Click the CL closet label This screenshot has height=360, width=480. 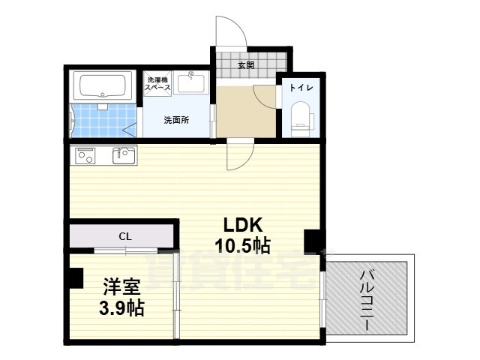(x=124, y=236)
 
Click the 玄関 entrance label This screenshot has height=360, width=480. (x=245, y=65)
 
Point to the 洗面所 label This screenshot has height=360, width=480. (x=177, y=120)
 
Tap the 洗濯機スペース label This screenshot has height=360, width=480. (x=158, y=83)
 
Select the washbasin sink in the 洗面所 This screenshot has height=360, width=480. (x=192, y=82)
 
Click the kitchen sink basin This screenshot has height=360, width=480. (x=124, y=155)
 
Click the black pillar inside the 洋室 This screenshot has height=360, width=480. (x=74, y=277)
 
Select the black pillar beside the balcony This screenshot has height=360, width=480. (x=310, y=241)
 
